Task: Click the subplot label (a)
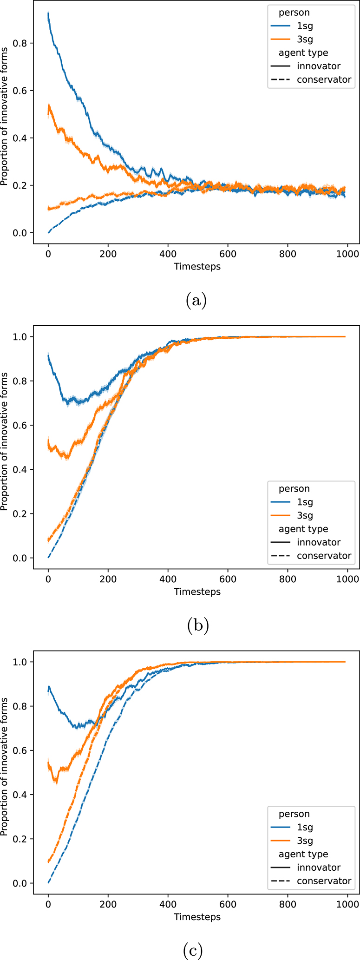196,301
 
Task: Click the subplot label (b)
197,626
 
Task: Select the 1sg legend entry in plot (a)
305,26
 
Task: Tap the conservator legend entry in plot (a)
324,79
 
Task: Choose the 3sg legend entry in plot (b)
305,515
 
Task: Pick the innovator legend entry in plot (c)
319,868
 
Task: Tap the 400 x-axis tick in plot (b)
168,579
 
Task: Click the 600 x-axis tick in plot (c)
228,904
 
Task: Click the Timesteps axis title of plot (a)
197,266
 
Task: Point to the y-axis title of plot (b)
5,441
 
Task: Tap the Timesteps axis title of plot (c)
197,917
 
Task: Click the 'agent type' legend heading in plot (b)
303,529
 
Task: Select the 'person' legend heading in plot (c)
294,814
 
